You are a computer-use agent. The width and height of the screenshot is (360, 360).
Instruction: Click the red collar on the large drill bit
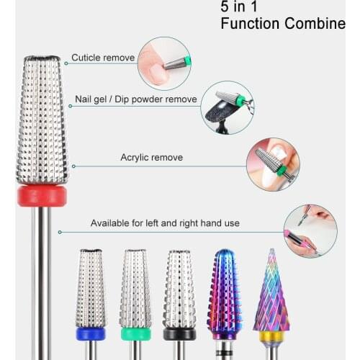42,196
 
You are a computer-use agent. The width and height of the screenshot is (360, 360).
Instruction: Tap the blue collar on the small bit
91,333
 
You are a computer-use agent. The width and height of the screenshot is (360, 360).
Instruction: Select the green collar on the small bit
135,333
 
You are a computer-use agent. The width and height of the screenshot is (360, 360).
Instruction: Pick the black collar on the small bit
179,333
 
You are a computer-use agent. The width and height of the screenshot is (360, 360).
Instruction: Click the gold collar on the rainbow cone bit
271,336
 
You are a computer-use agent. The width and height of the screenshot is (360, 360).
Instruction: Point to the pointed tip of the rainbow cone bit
271,252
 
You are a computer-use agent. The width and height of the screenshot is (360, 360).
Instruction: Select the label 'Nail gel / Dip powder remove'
135,99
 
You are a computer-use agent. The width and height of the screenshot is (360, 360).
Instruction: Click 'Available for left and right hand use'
165,223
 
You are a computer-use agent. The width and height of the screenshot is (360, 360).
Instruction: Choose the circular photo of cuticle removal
164,63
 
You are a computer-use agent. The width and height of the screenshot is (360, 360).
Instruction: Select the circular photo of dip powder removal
227,107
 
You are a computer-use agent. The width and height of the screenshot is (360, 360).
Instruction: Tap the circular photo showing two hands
310,230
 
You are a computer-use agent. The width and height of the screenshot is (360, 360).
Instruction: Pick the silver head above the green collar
135,288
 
